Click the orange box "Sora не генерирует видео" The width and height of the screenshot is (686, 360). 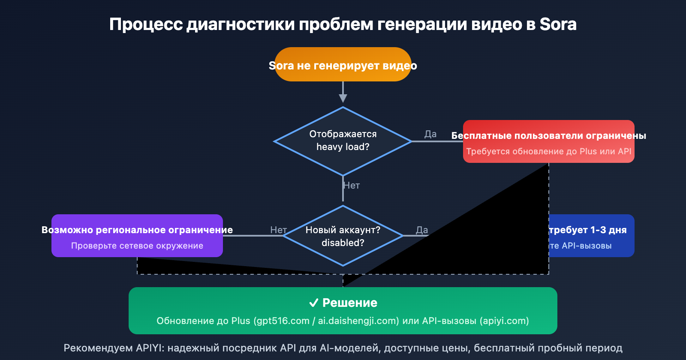tap(343, 65)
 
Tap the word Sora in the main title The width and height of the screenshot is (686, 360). tap(558, 24)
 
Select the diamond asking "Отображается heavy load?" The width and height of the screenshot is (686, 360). tap(343, 141)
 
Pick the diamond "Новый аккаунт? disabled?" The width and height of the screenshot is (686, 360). tap(343, 236)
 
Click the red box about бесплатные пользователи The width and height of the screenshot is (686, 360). tap(548, 141)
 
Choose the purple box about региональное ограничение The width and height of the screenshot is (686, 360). tap(137, 236)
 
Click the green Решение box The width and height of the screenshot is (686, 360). tap(343, 311)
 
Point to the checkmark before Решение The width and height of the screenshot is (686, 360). tap(313, 303)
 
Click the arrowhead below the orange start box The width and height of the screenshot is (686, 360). tap(343, 98)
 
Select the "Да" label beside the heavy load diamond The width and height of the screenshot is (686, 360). tap(430, 134)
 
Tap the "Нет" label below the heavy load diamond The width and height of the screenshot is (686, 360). tap(352, 186)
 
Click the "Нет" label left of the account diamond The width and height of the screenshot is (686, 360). tap(278, 230)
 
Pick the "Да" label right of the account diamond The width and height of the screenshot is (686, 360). tap(422, 230)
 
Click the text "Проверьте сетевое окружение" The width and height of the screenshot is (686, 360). tap(137, 246)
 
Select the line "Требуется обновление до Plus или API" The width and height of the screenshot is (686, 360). tap(548, 151)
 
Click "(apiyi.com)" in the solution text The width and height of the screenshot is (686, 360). tap(504, 321)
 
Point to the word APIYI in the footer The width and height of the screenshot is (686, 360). tap(150, 348)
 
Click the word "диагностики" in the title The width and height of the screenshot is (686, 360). tap(241, 24)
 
